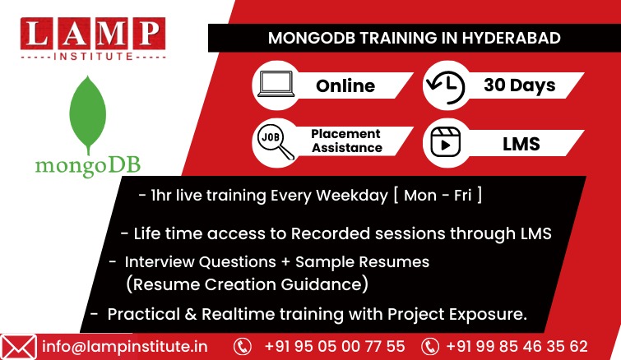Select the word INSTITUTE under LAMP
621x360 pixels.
pos(94,56)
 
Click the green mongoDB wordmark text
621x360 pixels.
pos(88,166)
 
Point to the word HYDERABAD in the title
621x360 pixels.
pos(512,38)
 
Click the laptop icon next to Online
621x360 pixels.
pos(276,85)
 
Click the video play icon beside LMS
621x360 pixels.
pos(446,142)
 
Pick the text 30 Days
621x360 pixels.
pos(520,85)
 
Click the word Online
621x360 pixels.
pos(345,85)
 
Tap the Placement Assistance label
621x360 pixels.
pos(346,141)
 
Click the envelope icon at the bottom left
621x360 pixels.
pos(18,348)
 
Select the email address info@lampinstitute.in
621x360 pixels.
pos(125,347)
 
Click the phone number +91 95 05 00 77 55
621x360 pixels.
pos(335,346)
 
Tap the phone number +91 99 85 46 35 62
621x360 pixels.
pos(517,346)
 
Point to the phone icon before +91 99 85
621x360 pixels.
pos(429,347)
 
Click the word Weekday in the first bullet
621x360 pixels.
pos(352,196)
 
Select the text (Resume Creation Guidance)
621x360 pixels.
pos(247,284)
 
